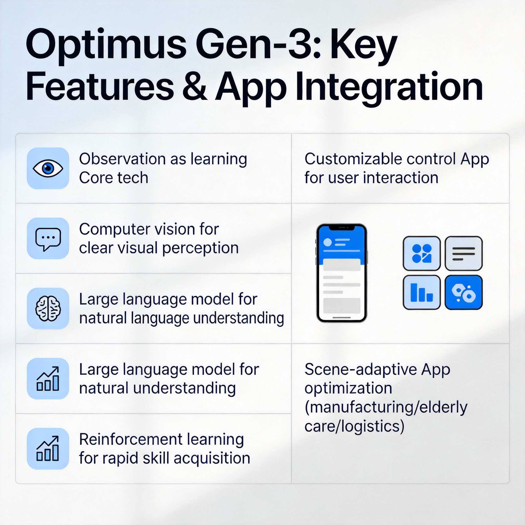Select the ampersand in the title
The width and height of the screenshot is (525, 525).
pyautogui.click(x=194, y=87)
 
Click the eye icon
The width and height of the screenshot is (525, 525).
pyautogui.click(x=48, y=168)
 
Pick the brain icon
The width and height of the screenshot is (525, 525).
pyautogui.click(x=48, y=308)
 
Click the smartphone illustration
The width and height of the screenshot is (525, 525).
pyautogui.click(x=341, y=273)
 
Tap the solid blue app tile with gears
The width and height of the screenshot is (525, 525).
pyautogui.click(x=463, y=292)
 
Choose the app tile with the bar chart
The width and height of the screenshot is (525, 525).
pyautogui.click(x=421, y=292)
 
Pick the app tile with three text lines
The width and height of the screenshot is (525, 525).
pyautogui.click(x=463, y=253)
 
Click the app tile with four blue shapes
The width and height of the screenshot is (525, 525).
pyautogui.click(x=421, y=253)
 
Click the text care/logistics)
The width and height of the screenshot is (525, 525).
pyautogui.click(x=354, y=426)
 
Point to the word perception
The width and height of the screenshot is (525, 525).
pyautogui.click(x=200, y=248)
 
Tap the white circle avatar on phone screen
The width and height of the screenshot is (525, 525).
pyautogui.click(x=328, y=242)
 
